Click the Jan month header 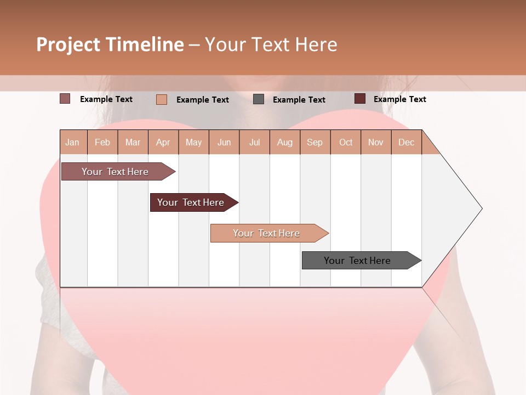click(73, 142)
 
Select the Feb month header click(102, 142)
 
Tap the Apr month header click(163, 142)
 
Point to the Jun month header click(224, 142)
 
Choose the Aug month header click(285, 142)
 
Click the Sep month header click(315, 142)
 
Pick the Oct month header click(346, 142)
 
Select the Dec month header click(407, 142)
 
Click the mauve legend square click(65, 99)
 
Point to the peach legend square click(162, 99)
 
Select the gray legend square click(259, 99)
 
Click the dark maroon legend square click(359, 99)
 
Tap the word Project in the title click(68, 44)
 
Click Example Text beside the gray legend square click(299, 100)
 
